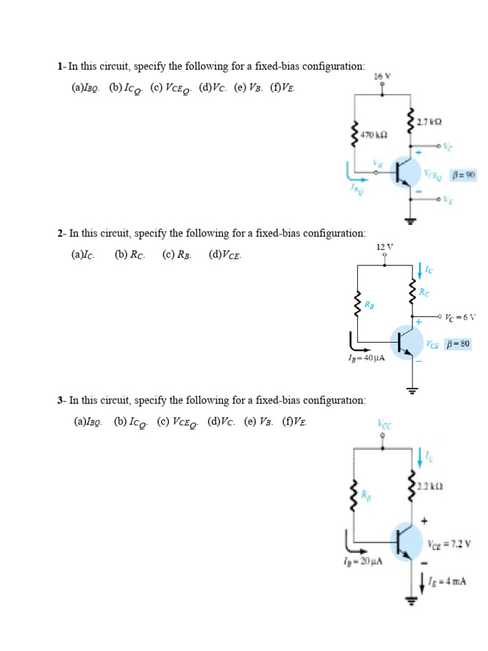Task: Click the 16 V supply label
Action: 382,76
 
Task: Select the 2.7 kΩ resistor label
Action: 430,121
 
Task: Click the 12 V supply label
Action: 384,246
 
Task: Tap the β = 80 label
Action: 458,344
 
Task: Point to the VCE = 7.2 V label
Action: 448,545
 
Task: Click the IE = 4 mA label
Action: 447,580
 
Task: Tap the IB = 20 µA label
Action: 362,561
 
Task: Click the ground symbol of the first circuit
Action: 410,221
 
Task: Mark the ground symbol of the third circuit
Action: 410,601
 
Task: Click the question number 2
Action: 60,234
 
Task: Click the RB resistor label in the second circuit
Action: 369,305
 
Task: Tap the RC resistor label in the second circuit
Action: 423,292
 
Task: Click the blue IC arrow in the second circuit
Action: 420,270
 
